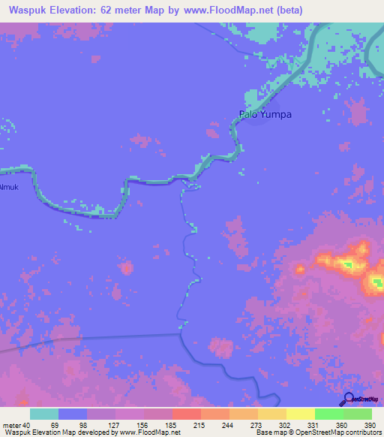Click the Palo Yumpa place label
[x=265, y=115]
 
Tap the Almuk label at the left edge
[x=7, y=187]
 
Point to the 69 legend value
[x=55, y=424]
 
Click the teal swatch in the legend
[x=44, y=414]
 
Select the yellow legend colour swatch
[x=300, y=414]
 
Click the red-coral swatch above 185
[x=186, y=414]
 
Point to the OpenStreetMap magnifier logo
[x=349, y=399]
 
